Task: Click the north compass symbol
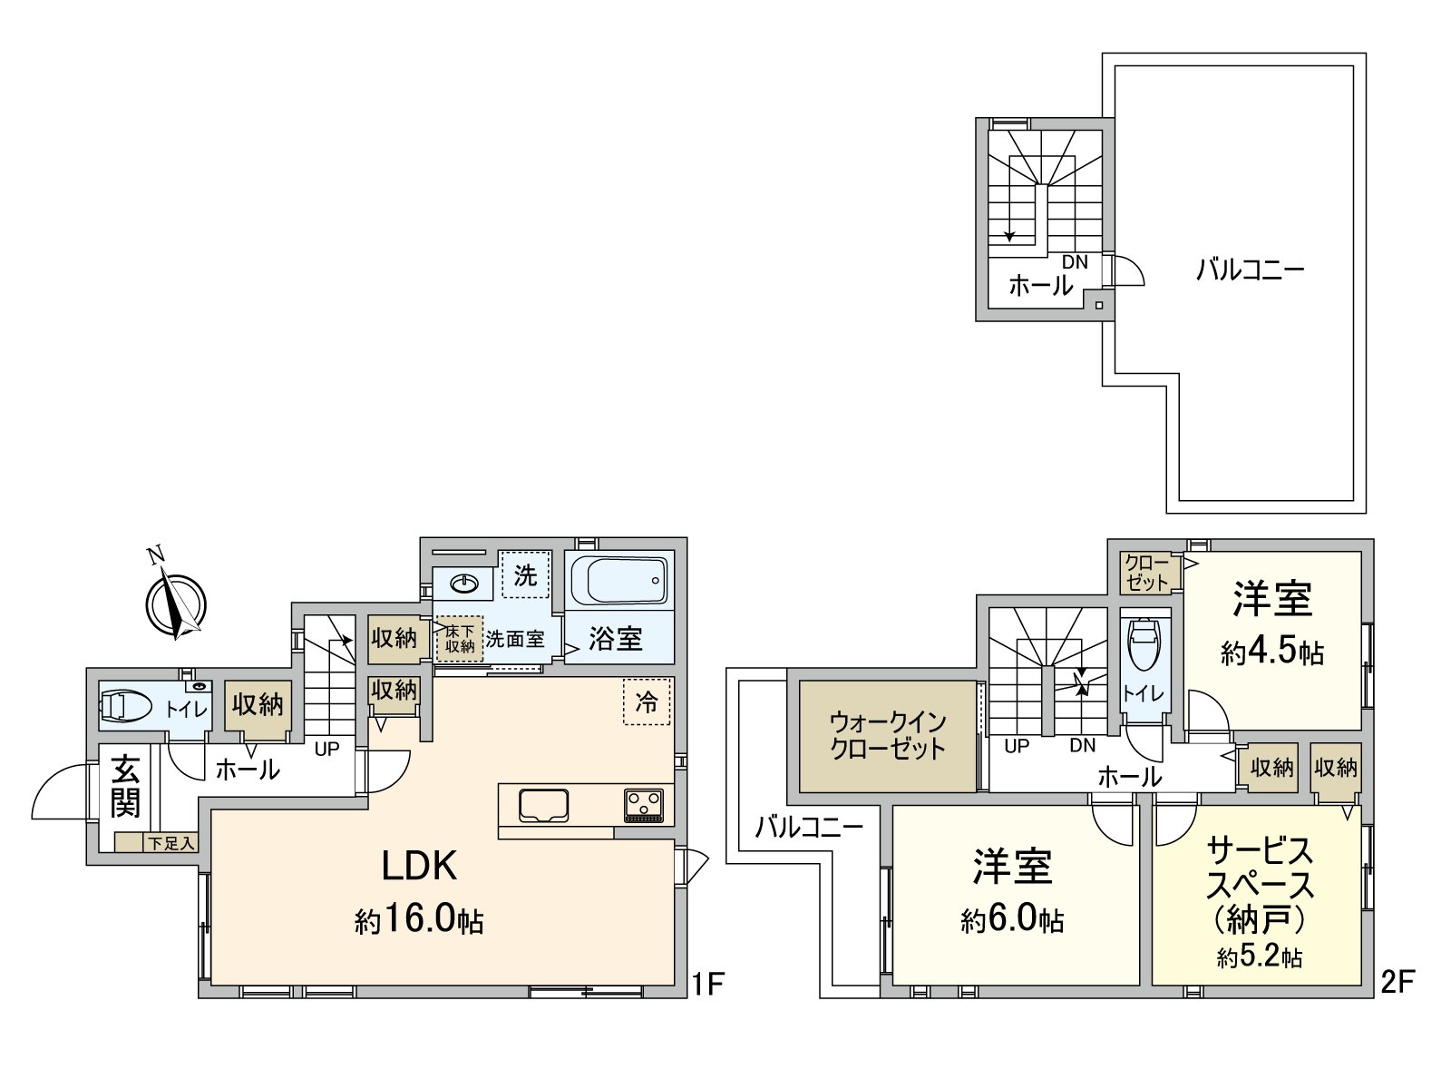(175, 602)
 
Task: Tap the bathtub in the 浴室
(619, 579)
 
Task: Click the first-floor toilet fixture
(125, 706)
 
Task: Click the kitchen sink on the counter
(543, 805)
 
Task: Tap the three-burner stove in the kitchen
(643, 805)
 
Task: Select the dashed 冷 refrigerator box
(647, 701)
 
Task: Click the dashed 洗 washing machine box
(525, 575)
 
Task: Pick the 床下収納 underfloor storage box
(460, 639)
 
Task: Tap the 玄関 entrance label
(125, 787)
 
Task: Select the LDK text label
(418, 867)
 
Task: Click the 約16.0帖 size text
(418, 920)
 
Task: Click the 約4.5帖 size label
(1271, 652)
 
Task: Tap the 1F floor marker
(707, 982)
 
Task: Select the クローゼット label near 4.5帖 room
(1147, 573)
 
